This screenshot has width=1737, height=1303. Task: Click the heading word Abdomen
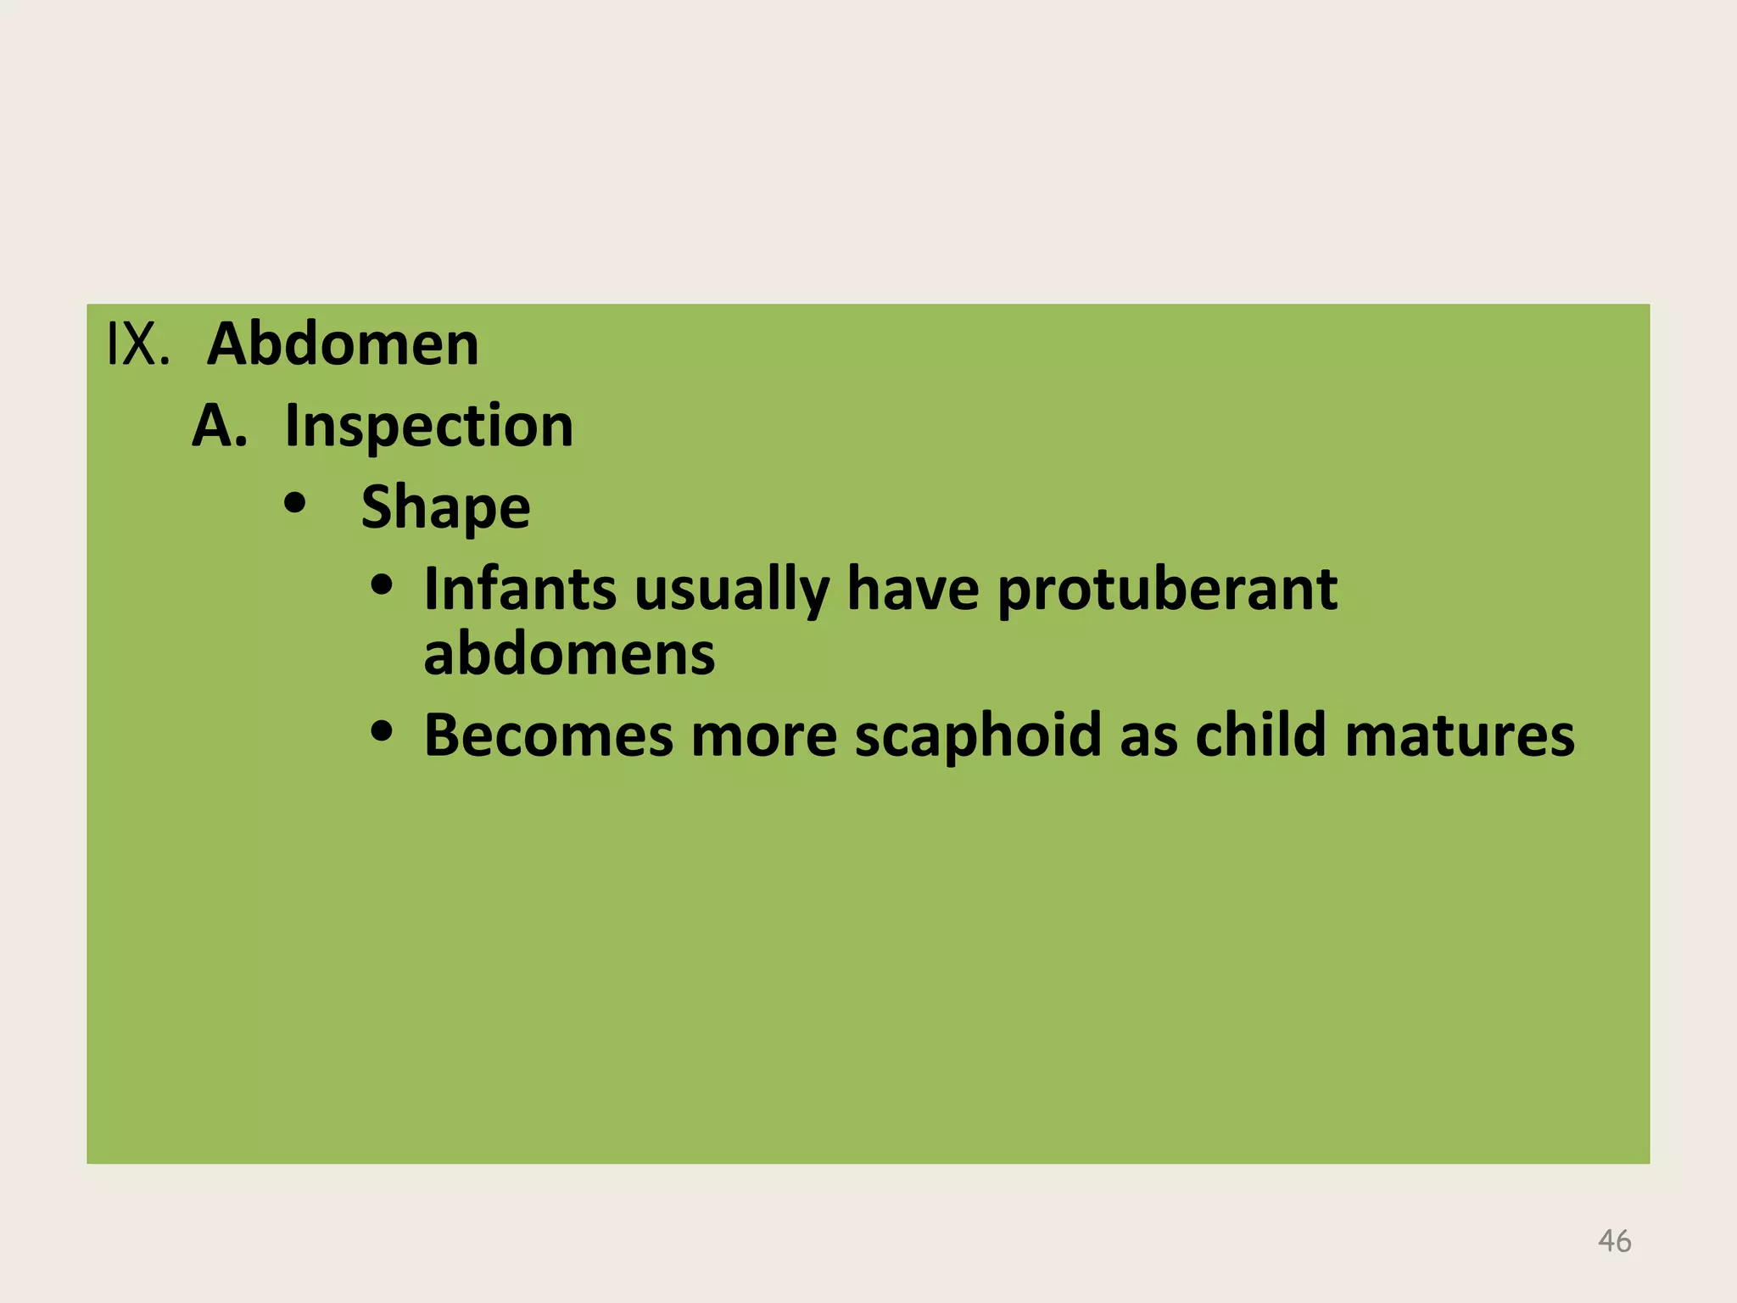[343, 344]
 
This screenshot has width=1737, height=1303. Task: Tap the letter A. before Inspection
[219, 426]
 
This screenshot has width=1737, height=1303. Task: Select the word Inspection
[428, 426]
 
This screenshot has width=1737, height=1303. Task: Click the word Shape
[445, 507]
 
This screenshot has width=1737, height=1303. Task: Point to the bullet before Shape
[295, 504]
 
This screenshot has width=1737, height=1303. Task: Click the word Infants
[520, 589]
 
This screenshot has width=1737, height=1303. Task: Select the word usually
[731, 589]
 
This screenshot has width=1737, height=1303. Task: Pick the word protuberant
[1167, 589]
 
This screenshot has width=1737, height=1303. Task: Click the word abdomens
[569, 654]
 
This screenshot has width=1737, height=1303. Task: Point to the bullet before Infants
[383, 585]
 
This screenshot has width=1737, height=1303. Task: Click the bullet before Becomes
[383, 731]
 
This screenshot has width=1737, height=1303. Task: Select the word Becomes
[548, 735]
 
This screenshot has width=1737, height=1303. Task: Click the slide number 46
[1614, 1241]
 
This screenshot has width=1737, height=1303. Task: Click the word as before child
[1148, 735]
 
